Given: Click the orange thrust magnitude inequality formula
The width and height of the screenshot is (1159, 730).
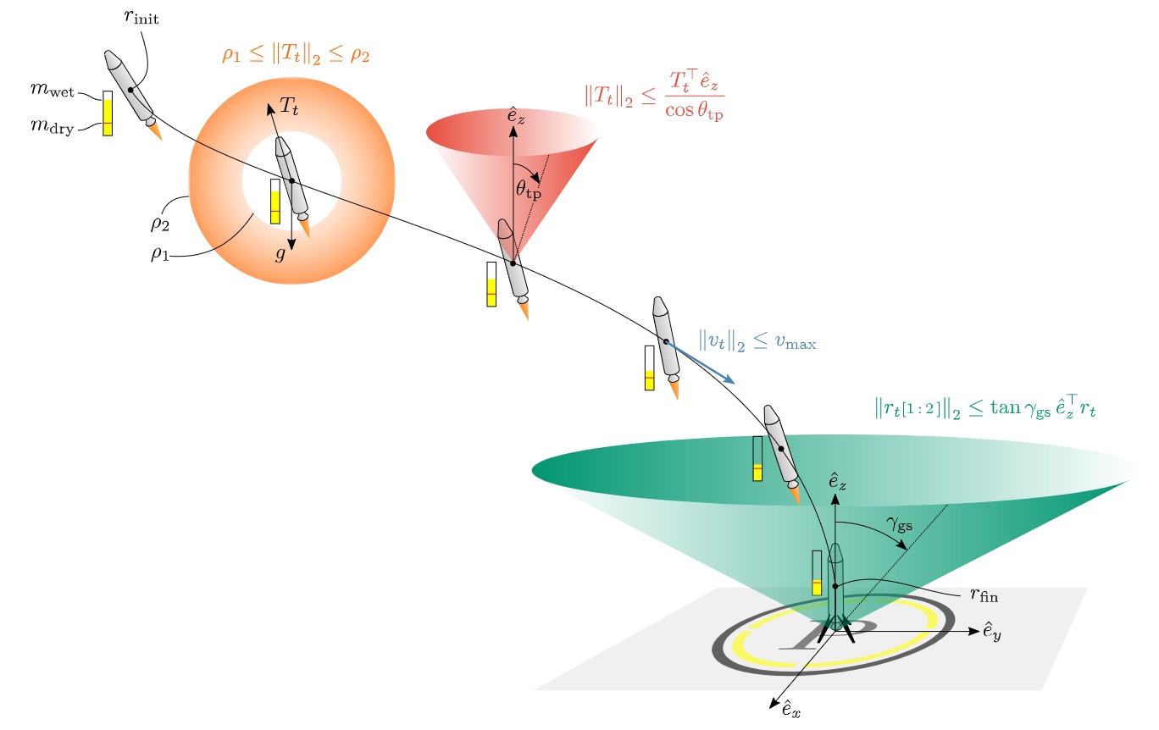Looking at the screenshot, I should [x=296, y=57].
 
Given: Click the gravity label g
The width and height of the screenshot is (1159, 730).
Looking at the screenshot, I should [x=280, y=254].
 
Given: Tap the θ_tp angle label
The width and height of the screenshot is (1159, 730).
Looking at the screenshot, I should [x=528, y=189].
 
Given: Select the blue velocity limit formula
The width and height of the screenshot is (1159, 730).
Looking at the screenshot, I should [x=757, y=341].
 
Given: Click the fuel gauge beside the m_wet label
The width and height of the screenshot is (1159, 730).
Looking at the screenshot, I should [x=108, y=113].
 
